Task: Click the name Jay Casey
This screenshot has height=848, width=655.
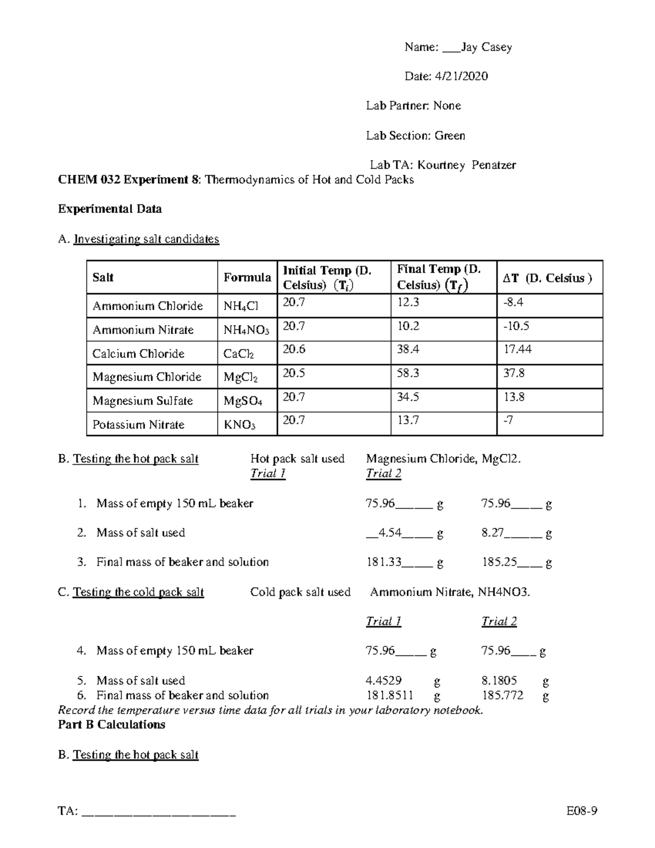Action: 486,48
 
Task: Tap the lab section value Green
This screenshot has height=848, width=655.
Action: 450,135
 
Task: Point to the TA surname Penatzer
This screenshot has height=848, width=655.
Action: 493,165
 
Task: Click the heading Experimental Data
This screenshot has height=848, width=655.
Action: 110,209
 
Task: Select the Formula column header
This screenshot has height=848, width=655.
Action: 247,277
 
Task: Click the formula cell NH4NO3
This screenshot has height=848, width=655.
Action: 246,330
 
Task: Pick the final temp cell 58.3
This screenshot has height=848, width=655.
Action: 408,373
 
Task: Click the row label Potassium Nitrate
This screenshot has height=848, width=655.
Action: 138,425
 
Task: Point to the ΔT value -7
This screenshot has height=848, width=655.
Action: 508,420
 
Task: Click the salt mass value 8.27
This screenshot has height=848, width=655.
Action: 492,532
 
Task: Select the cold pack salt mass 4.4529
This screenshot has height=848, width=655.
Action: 384,680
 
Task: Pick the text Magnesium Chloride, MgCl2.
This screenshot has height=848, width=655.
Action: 443,459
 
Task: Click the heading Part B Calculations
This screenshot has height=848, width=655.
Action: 111,725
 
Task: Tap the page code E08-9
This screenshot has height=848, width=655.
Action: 582,811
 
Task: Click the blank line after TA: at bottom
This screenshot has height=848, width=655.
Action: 158,813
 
